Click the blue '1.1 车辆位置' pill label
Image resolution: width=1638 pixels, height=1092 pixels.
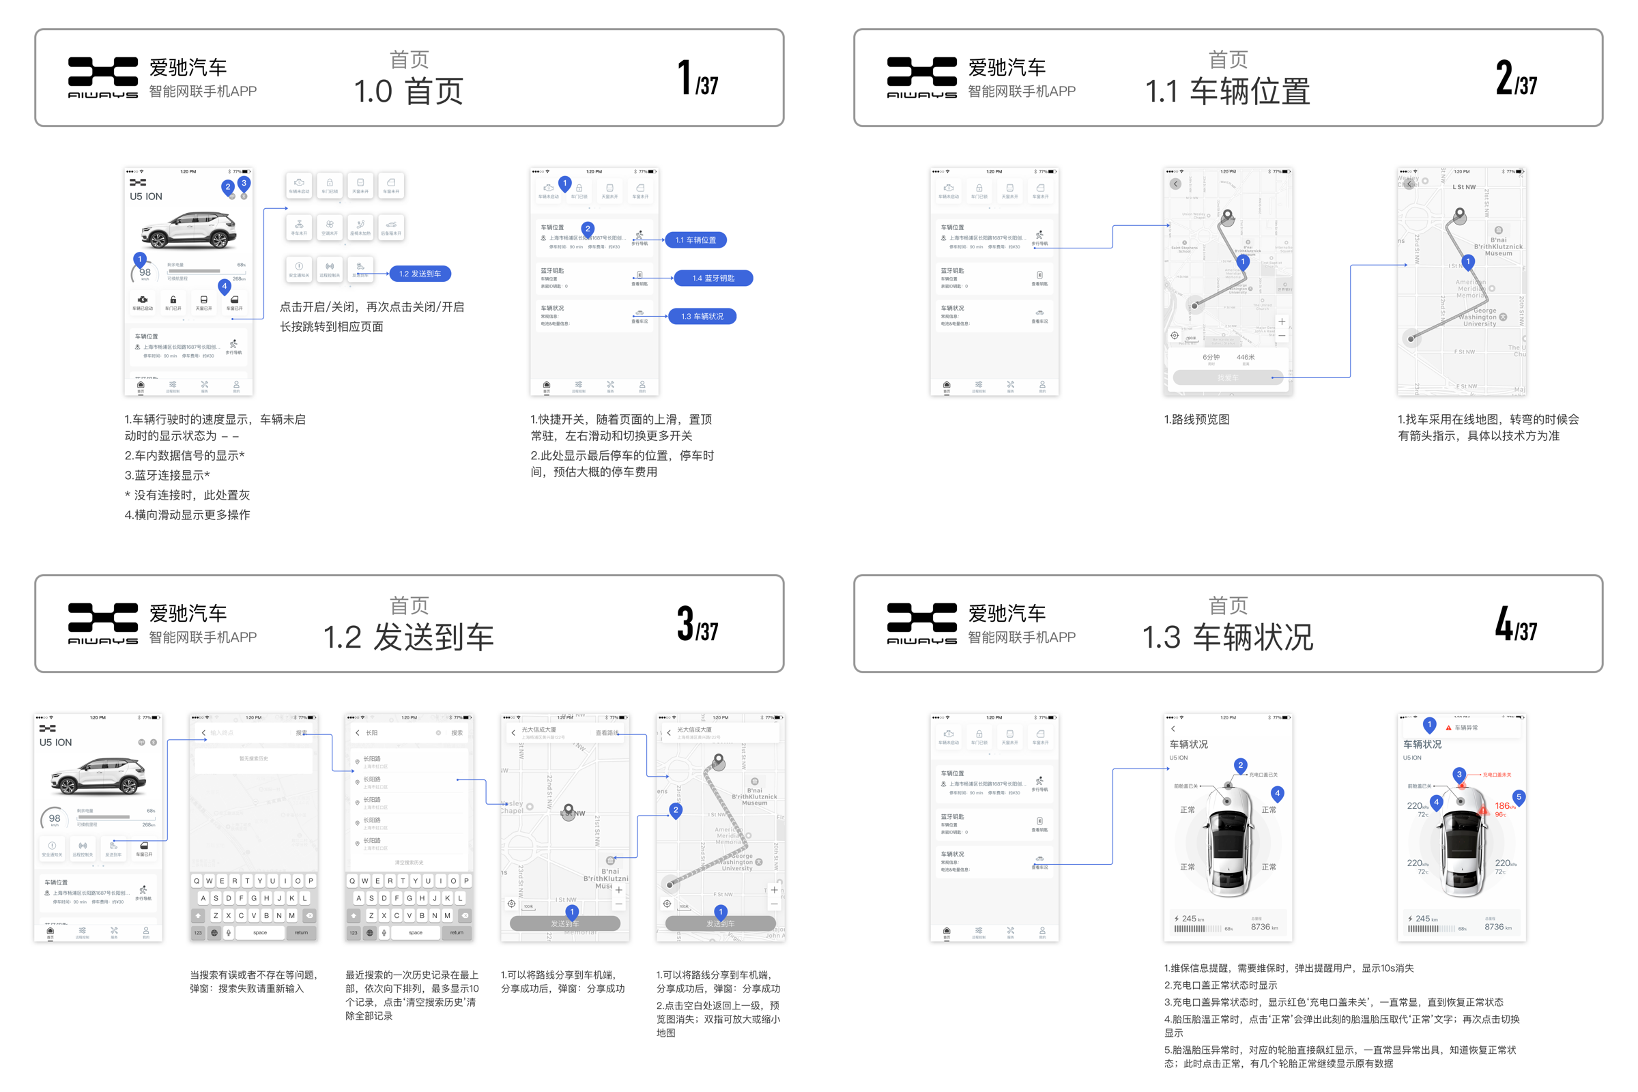pyautogui.click(x=695, y=240)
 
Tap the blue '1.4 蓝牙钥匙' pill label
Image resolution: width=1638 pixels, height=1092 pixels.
pyautogui.click(x=713, y=278)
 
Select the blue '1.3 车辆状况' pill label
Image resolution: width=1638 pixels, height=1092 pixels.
pyautogui.click(x=702, y=317)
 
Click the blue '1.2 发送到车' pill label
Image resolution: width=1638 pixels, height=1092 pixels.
pyautogui.click(x=420, y=274)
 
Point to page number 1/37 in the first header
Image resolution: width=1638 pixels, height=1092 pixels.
pyautogui.click(x=697, y=78)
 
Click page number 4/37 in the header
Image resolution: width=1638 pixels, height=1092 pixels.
pyautogui.click(x=1515, y=624)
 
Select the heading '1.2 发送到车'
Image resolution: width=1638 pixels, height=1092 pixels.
pyautogui.click(x=408, y=638)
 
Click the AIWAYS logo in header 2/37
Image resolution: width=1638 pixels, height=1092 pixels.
pyautogui.click(x=921, y=77)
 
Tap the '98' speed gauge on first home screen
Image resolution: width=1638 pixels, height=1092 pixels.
pyautogui.click(x=144, y=273)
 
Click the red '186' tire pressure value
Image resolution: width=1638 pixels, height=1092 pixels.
pyautogui.click(x=1502, y=806)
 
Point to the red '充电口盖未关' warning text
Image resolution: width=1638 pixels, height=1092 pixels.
pyautogui.click(x=1497, y=775)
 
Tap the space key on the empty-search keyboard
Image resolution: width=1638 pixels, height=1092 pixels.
pyautogui.click(x=260, y=932)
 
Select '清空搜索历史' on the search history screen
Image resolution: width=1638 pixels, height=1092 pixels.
pyautogui.click(x=409, y=862)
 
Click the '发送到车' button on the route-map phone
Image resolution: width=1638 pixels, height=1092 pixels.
pyautogui.click(x=721, y=923)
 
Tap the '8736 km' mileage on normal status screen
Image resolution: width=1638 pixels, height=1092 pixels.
pyautogui.click(x=1263, y=927)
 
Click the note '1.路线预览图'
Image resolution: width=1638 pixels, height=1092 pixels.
pyautogui.click(x=1196, y=420)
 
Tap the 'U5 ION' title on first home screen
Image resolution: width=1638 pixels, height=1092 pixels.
pyautogui.click(x=145, y=197)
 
